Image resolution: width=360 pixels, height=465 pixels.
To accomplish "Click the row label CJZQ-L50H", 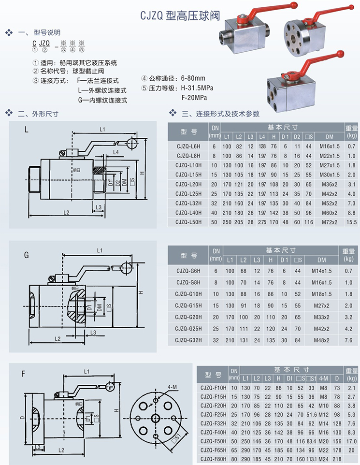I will coord(188,222).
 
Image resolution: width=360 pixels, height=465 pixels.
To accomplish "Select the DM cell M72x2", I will coord(329,222).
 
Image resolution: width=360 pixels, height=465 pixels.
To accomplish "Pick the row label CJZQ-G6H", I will coord(188,270).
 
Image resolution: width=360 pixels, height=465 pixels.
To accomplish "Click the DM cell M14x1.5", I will coord(319,270).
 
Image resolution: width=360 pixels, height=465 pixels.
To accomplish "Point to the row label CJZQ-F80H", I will coord(213,459).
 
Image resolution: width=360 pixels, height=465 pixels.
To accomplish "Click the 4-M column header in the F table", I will coord(323,378).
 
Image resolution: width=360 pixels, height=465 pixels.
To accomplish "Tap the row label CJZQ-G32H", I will coord(188,340).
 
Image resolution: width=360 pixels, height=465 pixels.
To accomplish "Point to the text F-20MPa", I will coord(193,97).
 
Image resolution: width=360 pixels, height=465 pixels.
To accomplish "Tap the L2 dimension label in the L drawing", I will coord(66,212).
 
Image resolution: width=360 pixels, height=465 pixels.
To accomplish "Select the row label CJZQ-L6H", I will coord(188,146).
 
